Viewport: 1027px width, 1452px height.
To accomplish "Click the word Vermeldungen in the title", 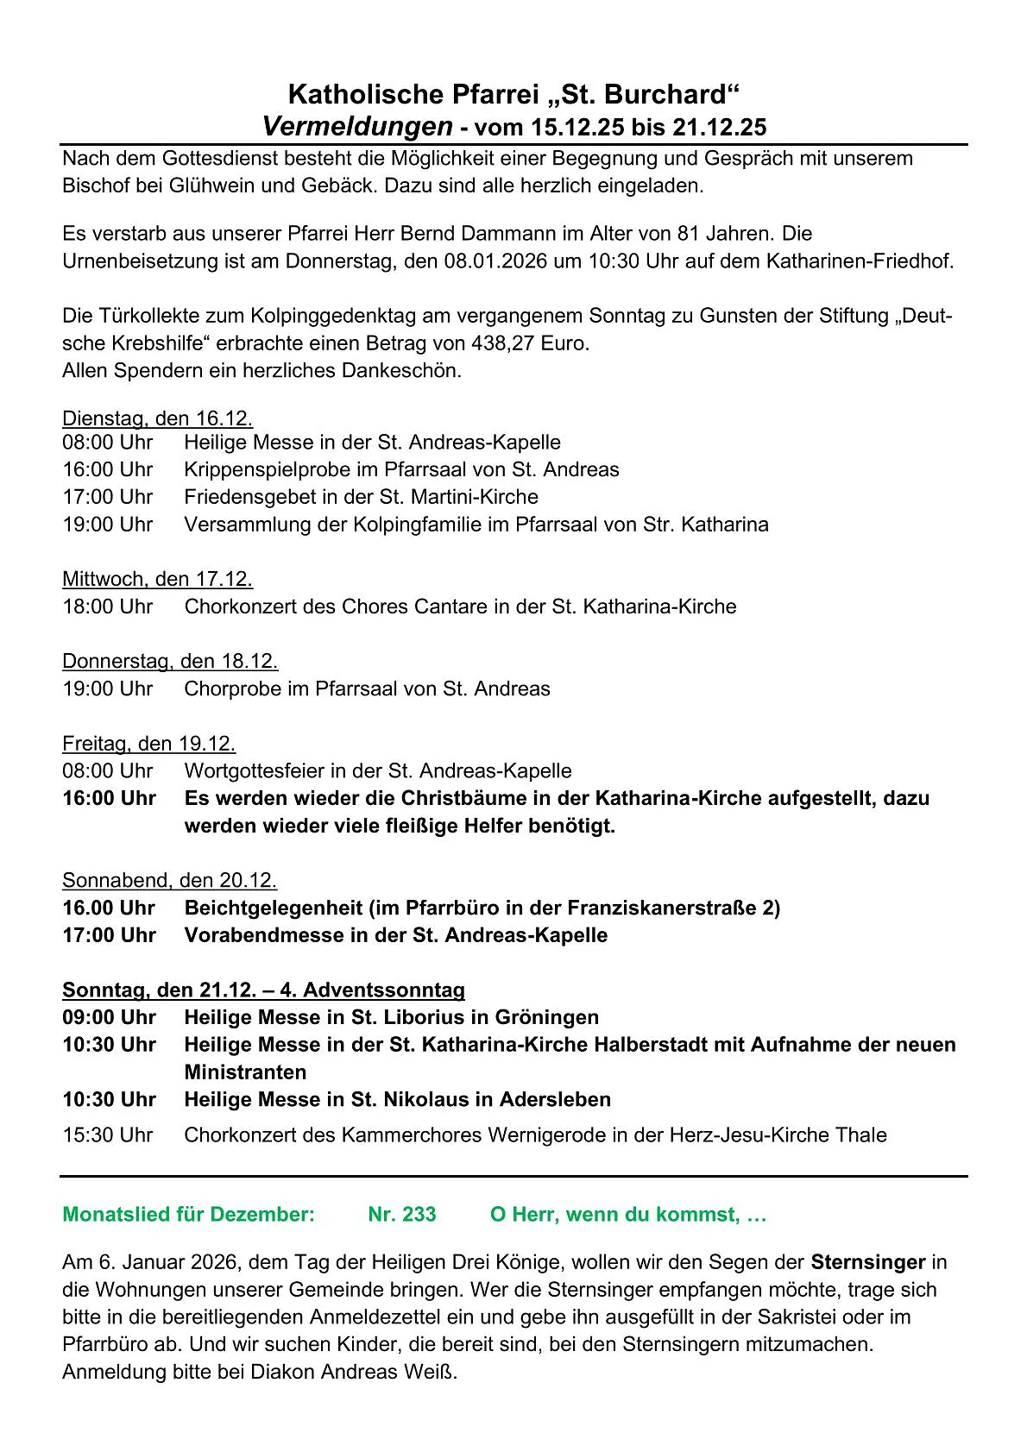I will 357,127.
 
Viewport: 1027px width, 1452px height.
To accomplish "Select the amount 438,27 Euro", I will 530,343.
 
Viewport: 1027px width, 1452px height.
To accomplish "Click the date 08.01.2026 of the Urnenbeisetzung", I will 496,261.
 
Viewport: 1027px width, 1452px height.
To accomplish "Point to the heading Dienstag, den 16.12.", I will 157,418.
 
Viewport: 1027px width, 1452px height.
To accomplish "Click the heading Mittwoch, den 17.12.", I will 157,579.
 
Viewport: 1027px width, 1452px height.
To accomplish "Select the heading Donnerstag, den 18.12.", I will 170,661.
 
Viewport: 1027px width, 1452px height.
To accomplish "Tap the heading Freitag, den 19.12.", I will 148,743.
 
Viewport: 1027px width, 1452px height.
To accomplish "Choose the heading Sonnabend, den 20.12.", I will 169,880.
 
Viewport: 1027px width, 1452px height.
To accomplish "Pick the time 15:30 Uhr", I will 107,1135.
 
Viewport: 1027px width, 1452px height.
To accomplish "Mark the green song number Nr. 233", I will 401,1215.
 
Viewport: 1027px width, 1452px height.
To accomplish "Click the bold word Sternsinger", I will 867,1262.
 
